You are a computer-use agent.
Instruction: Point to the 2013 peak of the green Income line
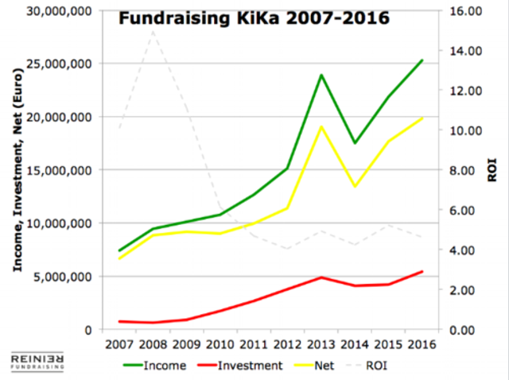320,75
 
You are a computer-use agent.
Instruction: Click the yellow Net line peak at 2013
320,126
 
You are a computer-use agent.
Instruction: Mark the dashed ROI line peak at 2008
151,31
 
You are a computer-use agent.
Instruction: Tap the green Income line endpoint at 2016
422,60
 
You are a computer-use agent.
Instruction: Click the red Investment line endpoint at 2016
422,271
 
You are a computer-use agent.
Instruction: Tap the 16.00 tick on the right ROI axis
455,10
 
